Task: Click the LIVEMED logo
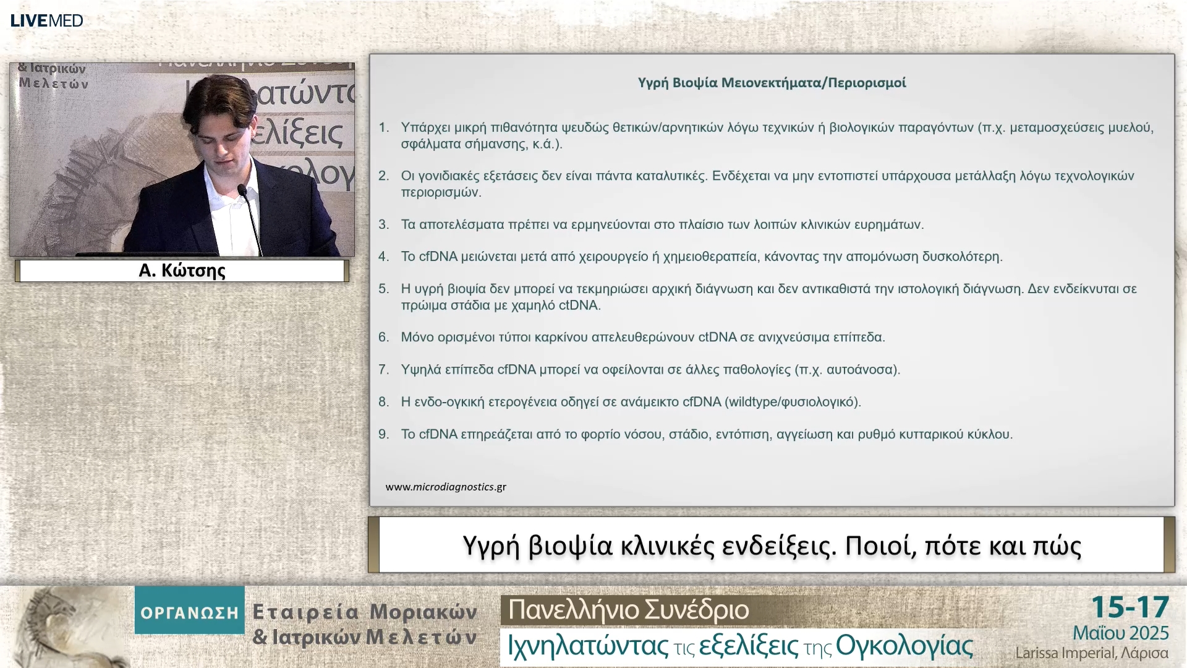coord(46,20)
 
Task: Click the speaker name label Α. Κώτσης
coord(182,270)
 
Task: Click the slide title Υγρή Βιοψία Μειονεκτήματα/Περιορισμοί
coord(772,83)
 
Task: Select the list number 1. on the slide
coord(384,127)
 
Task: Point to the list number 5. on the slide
coord(384,289)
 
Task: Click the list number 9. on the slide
coord(384,434)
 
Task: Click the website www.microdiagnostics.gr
coord(446,487)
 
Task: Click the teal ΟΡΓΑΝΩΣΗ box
coord(189,612)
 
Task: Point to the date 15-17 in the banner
coord(1130,607)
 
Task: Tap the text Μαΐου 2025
coord(1120,633)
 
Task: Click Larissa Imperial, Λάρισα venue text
coord(1091,653)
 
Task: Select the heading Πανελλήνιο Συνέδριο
coord(628,610)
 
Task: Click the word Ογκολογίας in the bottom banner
coord(904,646)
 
